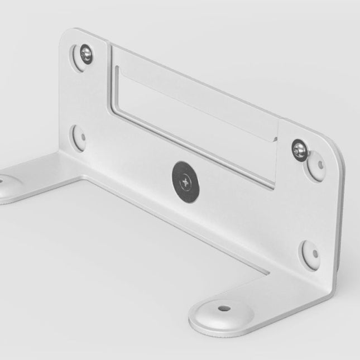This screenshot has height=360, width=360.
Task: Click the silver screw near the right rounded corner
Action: (299, 149)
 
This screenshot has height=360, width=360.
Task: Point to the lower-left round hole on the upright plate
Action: (79, 137)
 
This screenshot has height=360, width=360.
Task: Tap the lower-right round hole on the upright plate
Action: (311, 255)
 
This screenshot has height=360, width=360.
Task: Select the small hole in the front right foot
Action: (223, 308)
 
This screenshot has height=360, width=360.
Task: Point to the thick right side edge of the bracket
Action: (340, 223)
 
